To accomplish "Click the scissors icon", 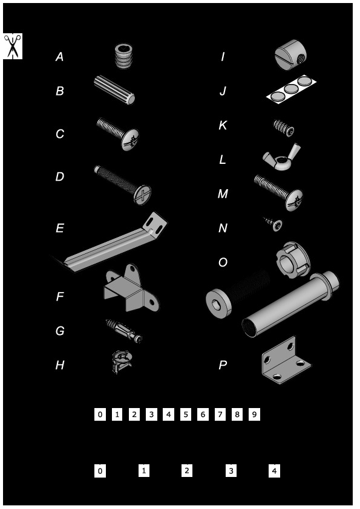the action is (13, 46).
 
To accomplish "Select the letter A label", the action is (59, 57).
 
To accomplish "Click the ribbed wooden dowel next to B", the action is (114, 90).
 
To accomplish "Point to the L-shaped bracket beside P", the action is (286, 360).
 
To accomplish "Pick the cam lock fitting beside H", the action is (121, 361).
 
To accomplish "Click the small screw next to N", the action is (273, 223).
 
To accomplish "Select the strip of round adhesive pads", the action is (291, 88).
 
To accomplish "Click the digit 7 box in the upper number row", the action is (220, 415).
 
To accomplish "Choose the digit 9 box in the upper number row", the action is (254, 415).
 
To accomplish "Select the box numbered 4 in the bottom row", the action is (274, 471).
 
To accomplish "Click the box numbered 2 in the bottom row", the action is (186, 471).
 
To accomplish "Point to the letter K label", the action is (223, 125).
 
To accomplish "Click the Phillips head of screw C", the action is (130, 140).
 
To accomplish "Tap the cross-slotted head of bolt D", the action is (142, 195).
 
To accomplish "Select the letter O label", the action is (223, 262).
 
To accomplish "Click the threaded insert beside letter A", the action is (124, 56).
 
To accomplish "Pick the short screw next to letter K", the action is (284, 128).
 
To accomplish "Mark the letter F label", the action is (59, 296).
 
